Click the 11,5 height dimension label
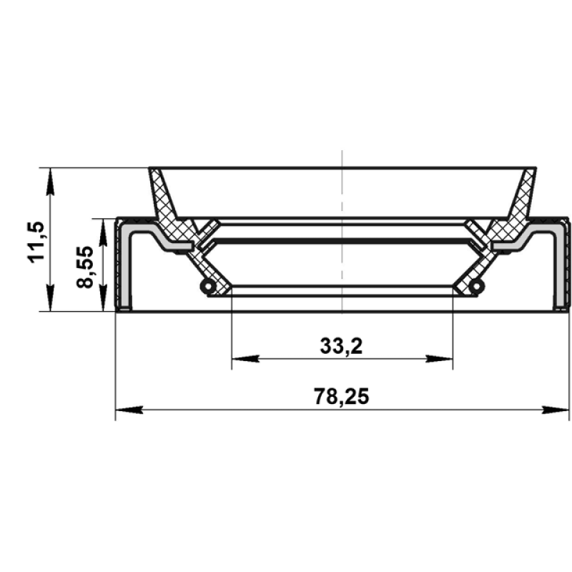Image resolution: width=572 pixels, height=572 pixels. [x=36, y=242]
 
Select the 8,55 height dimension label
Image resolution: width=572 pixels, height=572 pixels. [x=84, y=267]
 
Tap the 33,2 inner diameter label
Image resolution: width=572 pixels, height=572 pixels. [x=342, y=346]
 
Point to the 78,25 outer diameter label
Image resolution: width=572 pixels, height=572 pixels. [x=342, y=396]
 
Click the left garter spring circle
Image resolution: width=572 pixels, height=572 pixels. [x=208, y=287]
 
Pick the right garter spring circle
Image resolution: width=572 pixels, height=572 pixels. [x=476, y=287]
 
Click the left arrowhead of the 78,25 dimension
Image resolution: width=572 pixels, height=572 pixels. [x=129, y=410]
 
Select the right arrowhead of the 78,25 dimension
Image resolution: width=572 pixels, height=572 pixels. [x=556, y=410]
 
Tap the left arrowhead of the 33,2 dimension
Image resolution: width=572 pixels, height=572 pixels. [x=245, y=359]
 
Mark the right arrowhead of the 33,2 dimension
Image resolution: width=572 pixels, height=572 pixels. [x=439, y=359]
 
